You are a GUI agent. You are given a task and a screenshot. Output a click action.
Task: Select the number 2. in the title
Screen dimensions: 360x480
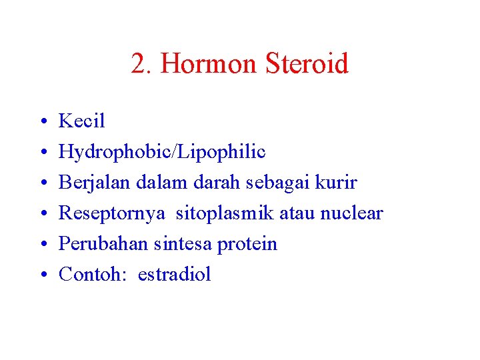tap(142, 65)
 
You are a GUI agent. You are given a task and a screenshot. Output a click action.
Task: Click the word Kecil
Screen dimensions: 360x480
tap(82, 121)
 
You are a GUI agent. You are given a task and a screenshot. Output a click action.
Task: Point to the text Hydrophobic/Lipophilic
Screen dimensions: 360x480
tap(162, 152)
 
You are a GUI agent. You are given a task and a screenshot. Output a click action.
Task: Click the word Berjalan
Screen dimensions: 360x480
tap(89, 183)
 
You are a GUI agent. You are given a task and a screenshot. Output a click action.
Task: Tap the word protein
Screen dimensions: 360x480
tap(247, 244)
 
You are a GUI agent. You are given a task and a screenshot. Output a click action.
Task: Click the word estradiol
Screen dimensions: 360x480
tap(174, 275)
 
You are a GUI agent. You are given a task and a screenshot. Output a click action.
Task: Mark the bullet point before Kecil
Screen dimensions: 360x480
tap(42, 122)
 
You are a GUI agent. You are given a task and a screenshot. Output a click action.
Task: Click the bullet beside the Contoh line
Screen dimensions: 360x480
tap(42, 275)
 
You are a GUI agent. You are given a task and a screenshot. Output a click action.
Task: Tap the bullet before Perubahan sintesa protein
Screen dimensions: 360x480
tap(42, 245)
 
